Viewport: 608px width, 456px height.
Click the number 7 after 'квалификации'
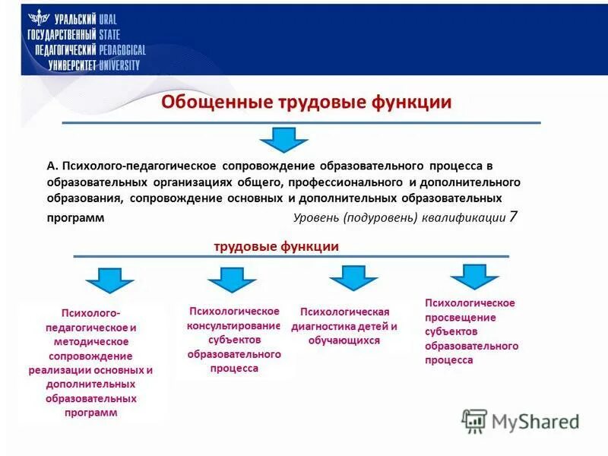click(x=514, y=217)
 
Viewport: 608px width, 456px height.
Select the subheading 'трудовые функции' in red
click(x=276, y=246)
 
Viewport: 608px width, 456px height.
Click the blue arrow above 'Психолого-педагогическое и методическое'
click(x=109, y=280)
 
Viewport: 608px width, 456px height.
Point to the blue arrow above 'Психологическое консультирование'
click(x=231, y=280)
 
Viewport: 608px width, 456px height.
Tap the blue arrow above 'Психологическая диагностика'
click(x=353, y=278)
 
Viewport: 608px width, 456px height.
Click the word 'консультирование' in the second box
click(x=234, y=325)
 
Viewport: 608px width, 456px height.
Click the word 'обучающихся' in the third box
click(x=344, y=340)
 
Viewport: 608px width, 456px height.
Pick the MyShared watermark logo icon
click(x=474, y=420)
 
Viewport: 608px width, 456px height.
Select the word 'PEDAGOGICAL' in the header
click(x=122, y=50)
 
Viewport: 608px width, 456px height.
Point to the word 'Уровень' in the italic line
click(x=315, y=217)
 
